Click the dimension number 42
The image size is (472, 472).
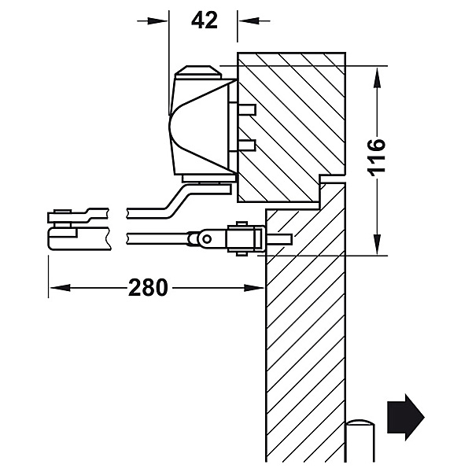click(x=205, y=20)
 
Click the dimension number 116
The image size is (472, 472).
click(x=377, y=157)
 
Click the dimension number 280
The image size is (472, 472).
click(x=148, y=287)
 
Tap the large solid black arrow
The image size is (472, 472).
click(x=405, y=417)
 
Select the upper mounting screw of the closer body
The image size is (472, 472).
click(x=242, y=109)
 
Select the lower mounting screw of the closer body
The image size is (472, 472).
click(x=242, y=146)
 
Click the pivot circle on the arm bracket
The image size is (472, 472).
click(x=207, y=239)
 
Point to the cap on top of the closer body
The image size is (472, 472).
click(x=199, y=72)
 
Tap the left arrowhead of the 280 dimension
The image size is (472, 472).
click(x=61, y=288)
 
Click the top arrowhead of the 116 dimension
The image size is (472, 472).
click(x=377, y=78)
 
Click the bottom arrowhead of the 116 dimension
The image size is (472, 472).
click(x=377, y=245)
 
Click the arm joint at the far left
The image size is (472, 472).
click(x=63, y=229)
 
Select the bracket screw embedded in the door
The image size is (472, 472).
click(x=278, y=239)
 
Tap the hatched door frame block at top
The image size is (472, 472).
click(x=291, y=127)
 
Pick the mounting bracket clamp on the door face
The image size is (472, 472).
click(x=246, y=239)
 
